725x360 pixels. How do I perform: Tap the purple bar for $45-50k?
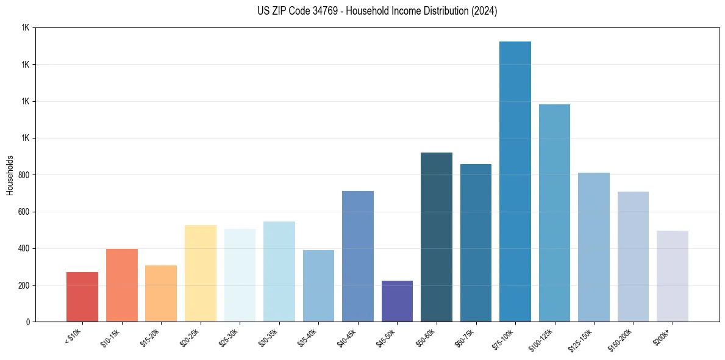(397, 301)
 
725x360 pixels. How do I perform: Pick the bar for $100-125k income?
(554, 213)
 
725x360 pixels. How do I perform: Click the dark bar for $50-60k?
(437, 237)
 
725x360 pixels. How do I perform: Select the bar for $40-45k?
(358, 256)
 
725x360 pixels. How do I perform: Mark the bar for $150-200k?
(633, 257)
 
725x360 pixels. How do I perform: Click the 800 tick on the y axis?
(23, 175)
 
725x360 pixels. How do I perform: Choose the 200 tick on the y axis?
(23, 286)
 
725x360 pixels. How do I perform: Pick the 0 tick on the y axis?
(28, 322)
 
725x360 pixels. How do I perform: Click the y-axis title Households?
(10, 175)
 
